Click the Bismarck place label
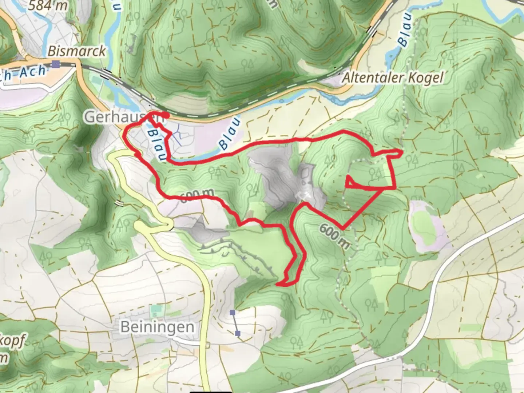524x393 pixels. pyautogui.click(x=76, y=51)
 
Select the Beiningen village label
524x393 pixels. pyautogui.click(x=157, y=327)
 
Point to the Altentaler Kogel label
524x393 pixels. pyautogui.click(x=393, y=78)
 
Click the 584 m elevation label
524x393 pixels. pyautogui.click(x=48, y=5)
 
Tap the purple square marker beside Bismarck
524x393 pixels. pyautogui.click(x=55, y=64)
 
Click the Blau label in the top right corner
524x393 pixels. pyautogui.click(x=405, y=30)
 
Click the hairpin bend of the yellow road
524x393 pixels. pyautogui.click(x=169, y=226)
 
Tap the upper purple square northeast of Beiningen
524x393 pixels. pyautogui.click(x=233, y=312)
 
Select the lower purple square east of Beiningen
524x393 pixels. pyautogui.click(x=238, y=333)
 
